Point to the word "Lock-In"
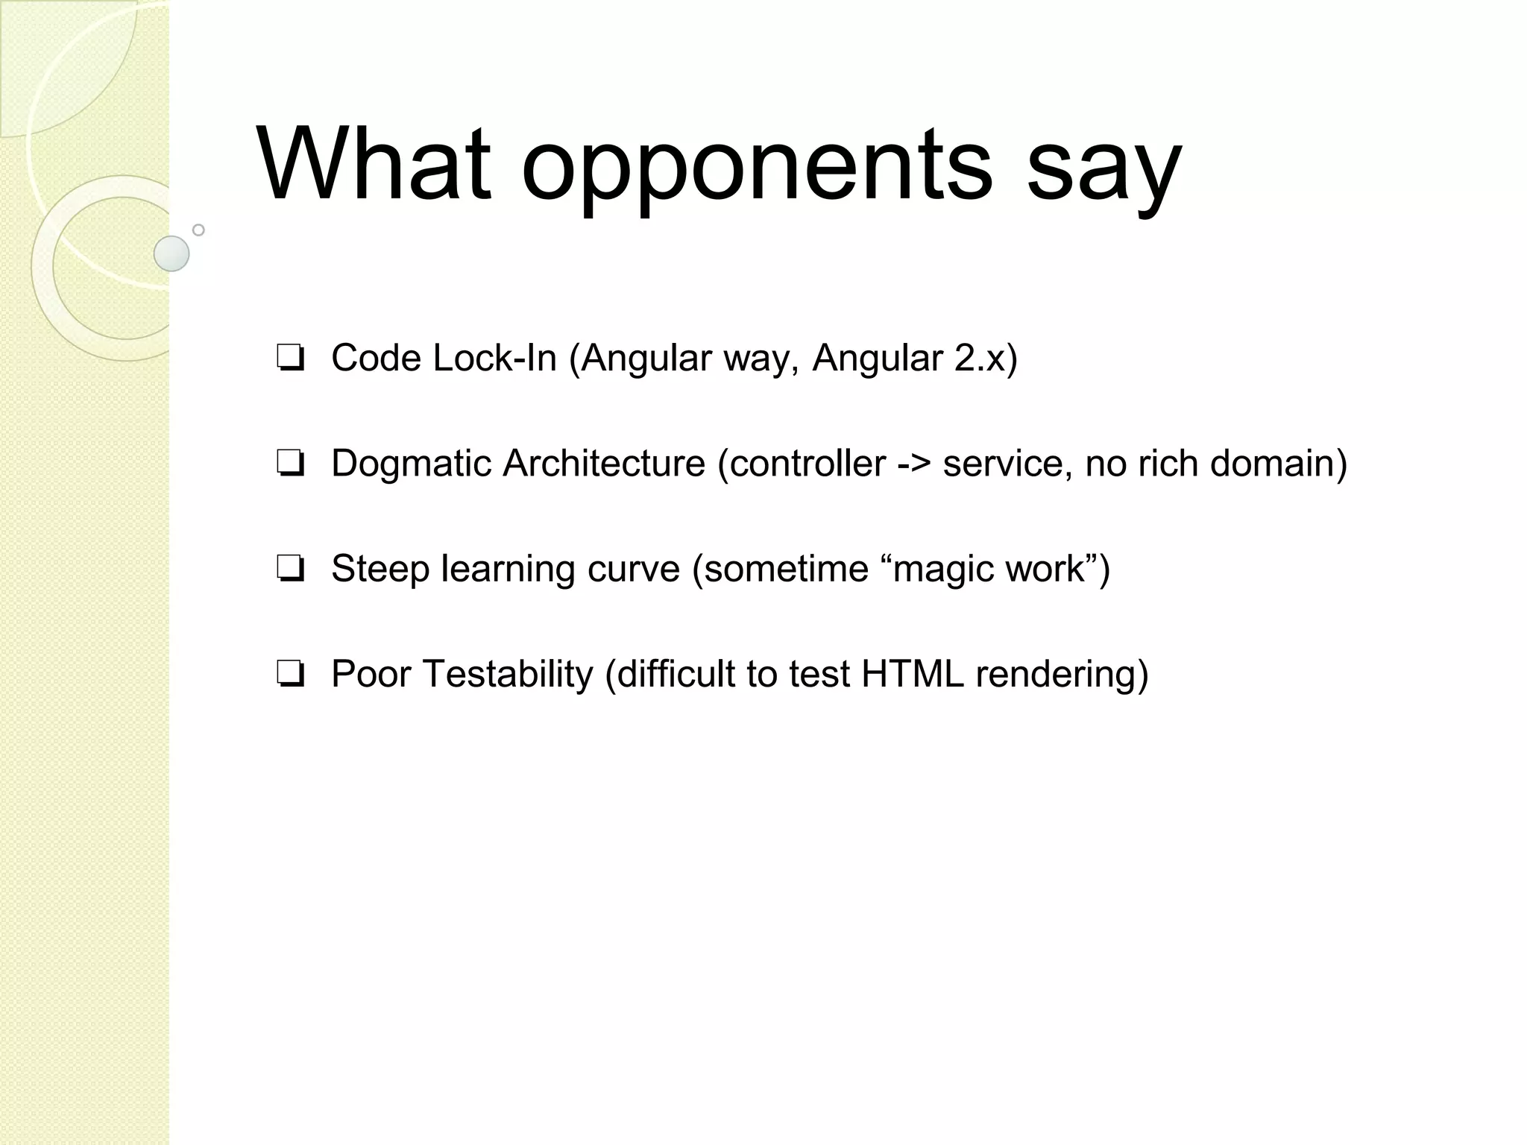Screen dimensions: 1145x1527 [494, 358]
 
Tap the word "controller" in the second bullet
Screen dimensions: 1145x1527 [807, 464]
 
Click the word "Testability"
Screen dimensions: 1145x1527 [508, 674]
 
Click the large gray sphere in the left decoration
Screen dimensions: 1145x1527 [171, 253]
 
